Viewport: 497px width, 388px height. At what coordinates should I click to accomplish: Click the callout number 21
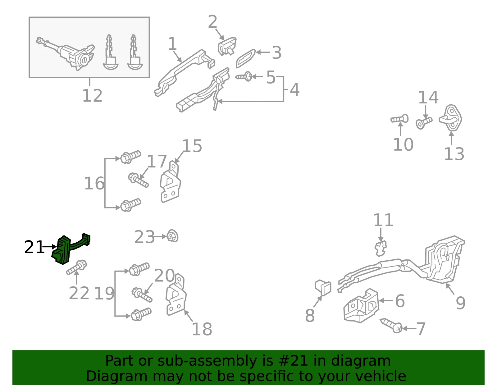[x=34, y=247]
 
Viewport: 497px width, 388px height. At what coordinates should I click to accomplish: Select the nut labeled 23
[x=172, y=236]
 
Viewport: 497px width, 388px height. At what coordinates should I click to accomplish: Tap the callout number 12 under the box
[x=92, y=96]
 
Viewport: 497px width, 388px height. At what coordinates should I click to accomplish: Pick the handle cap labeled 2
[x=227, y=46]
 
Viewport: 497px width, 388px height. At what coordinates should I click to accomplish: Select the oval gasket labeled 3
[x=245, y=58]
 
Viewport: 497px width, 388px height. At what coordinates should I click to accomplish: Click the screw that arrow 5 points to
[x=244, y=77]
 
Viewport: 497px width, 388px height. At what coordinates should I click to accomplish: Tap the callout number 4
[x=294, y=89]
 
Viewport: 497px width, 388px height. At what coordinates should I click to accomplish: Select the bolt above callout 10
[x=399, y=119]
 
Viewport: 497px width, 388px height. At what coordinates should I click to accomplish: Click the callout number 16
[x=94, y=183]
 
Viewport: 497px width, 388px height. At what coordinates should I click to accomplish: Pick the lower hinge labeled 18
[x=176, y=294]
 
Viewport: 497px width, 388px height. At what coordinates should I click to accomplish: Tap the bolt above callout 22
[x=77, y=267]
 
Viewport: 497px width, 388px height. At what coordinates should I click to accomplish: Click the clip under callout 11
[x=381, y=249]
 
